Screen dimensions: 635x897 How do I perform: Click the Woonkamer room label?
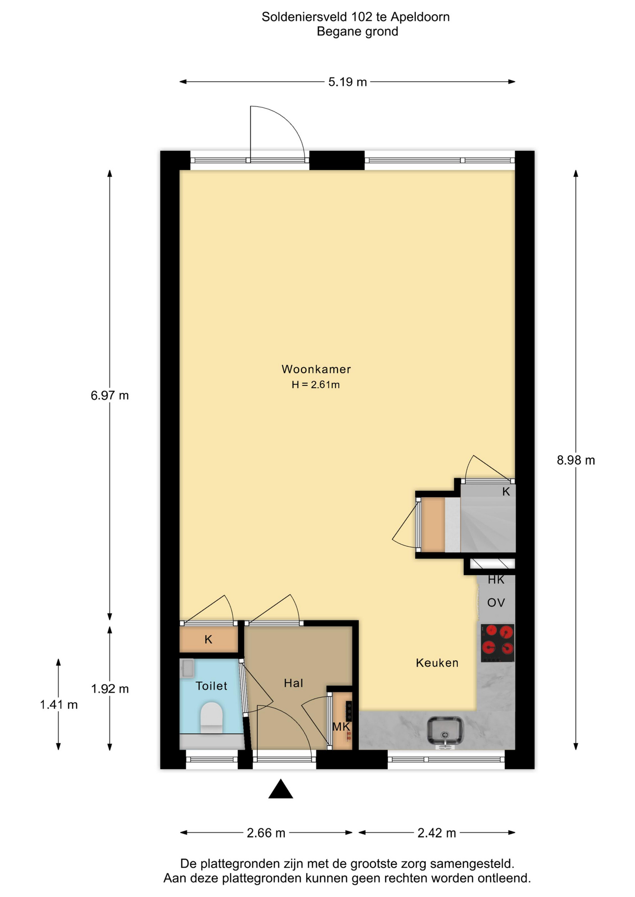tap(316, 369)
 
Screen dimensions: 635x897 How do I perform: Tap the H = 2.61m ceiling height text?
tap(316, 385)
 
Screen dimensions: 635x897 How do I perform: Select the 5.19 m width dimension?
tap(347, 82)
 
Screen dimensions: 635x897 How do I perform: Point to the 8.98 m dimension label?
tap(576, 461)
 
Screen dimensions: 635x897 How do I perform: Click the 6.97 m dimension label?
tap(110, 396)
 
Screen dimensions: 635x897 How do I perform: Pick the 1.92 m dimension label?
tap(110, 689)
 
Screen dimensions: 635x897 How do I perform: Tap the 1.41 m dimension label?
tap(58, 705)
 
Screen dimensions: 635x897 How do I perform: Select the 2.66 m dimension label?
tap(266, 833)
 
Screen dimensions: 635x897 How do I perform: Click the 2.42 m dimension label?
tap(437, 833)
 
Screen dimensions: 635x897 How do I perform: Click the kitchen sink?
tap(445, 731)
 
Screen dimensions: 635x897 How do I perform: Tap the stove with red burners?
tap(498, 643)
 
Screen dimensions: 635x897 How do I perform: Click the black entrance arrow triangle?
tap(281, 789)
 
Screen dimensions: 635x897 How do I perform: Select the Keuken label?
tap(437, 663)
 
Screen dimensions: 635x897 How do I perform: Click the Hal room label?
tap(294, 683)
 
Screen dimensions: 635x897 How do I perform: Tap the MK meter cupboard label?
tap(341, 727)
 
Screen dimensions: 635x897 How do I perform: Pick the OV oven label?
tap(496, 603)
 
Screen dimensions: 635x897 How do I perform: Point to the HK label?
tap(496, 580)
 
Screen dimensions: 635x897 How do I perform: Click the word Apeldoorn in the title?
tap(420, 17)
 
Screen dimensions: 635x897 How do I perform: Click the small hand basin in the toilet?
tap(188, 669)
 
